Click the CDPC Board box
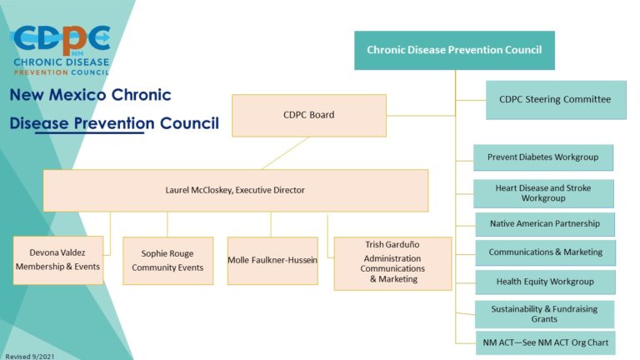[308, 115]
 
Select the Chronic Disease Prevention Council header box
[454, 50]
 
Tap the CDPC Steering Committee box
[555, 100]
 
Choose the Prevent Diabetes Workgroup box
[542, 157]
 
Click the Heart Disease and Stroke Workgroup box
[543, 193]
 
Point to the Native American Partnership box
[544, 224]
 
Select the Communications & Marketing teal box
[545, 252]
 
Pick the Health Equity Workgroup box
[545, 282]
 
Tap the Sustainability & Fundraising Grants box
[545, 313]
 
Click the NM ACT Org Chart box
[545, 342]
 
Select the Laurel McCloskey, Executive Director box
[235, 190]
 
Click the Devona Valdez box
[58, 260]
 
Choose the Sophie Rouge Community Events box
[167, 261]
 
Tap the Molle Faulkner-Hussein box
[272, 260]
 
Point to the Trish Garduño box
[392, 262]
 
